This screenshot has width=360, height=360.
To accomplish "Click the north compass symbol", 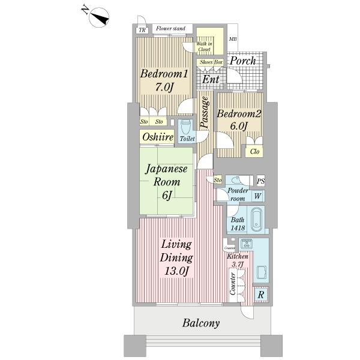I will coord(100,17).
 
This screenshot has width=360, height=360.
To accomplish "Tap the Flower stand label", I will coord(170,29).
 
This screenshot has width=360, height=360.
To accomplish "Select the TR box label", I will coord(142,30).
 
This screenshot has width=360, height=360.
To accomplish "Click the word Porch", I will coord(243,61).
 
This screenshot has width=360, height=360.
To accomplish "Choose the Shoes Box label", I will coord(211,62).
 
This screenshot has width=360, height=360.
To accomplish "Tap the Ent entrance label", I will coord(210,79).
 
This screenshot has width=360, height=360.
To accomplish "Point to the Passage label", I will coord(204,112).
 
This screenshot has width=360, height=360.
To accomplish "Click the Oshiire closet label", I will coord(157,138).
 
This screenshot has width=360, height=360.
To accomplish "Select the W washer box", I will coord(257,196).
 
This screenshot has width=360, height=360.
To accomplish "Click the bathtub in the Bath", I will coord(256,220).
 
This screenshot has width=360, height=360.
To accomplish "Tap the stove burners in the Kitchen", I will coord(245,244).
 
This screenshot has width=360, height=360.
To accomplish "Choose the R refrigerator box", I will coord(260,295).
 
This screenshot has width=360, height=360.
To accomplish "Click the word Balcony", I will coord(200,323).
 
